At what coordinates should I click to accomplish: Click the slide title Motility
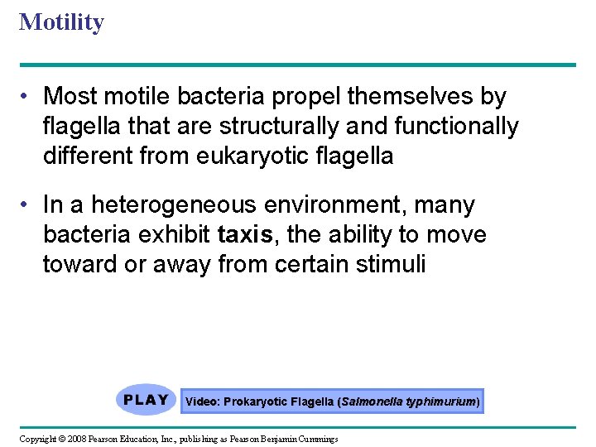pyautogui.click(x=61, y=22)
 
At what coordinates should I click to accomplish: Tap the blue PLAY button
pyautogui.click(x=146, y=401)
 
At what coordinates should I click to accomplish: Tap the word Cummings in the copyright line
pyautogui.click(x=315, y=438)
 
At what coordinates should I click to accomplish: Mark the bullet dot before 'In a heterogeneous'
pyautogui.click(x=28, y=205)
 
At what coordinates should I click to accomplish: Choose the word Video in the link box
pyautogui.click(x=201, y=401)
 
